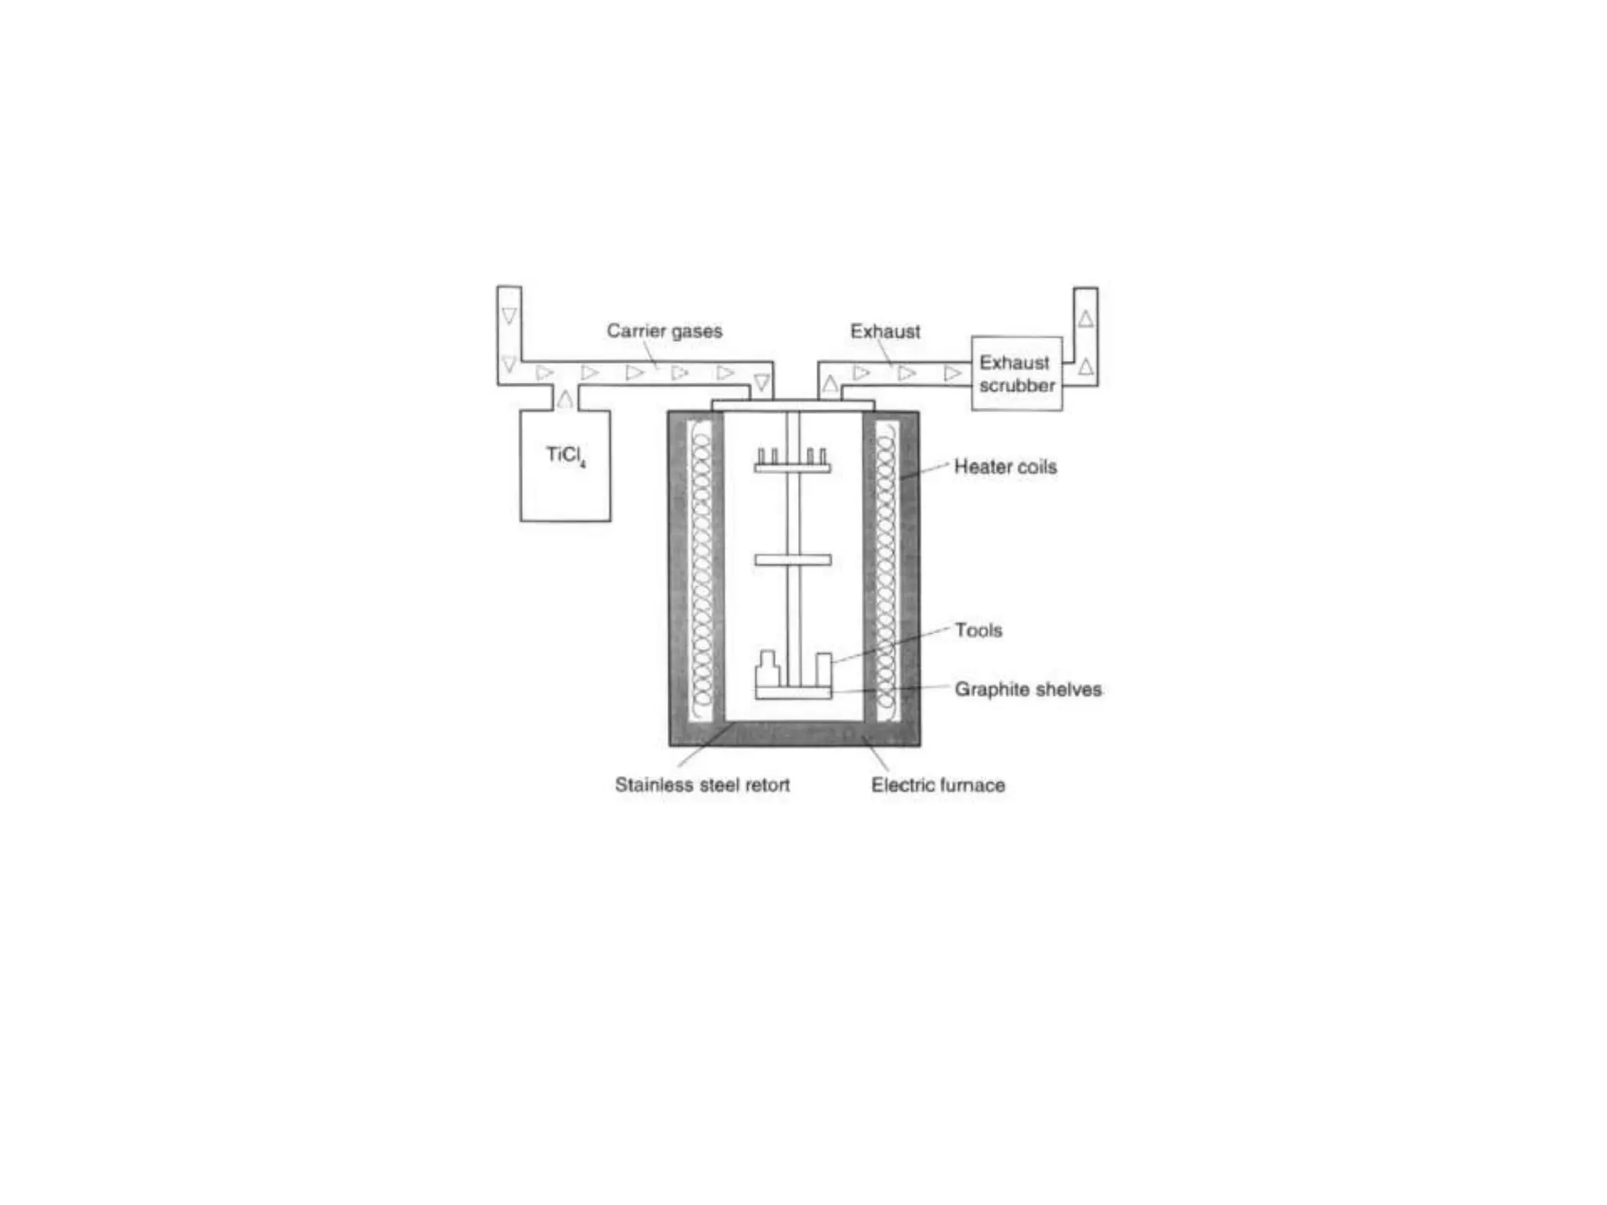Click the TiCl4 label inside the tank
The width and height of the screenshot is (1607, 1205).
point(566,456)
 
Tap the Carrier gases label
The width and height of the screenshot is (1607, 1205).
point(664,331)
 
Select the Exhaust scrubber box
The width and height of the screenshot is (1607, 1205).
point(1017,374)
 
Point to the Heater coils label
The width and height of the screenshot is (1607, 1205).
point(1005,467)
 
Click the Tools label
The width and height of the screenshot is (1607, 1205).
point(978,631)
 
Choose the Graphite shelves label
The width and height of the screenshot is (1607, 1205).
point(1028,690)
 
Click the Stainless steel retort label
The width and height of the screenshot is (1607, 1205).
point(702,785)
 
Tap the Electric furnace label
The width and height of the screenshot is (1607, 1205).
point(938,785)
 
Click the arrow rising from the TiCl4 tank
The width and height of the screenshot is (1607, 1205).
point(564,399)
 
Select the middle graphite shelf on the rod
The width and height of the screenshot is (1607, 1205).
point(793,560)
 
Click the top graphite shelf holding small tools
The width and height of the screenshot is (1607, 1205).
point(793,468)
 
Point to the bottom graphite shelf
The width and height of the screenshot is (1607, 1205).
point(793,694)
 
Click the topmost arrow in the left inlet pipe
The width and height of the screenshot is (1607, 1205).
point(509,316)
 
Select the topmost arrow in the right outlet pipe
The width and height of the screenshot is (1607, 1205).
point(1085,319)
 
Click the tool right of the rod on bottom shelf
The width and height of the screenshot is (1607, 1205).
point(823,669)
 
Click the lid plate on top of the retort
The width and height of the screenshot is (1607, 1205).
point(793,405)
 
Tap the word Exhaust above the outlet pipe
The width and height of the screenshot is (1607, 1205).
point(885,332)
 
